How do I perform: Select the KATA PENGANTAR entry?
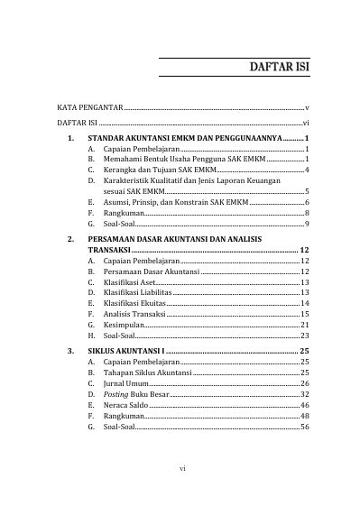click(88, 107)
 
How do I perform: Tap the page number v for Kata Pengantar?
click(308, 107)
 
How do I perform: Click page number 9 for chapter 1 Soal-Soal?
click(308, 223)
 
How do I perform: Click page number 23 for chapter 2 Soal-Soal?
click(306, 335)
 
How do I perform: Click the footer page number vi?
click(181, 469)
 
